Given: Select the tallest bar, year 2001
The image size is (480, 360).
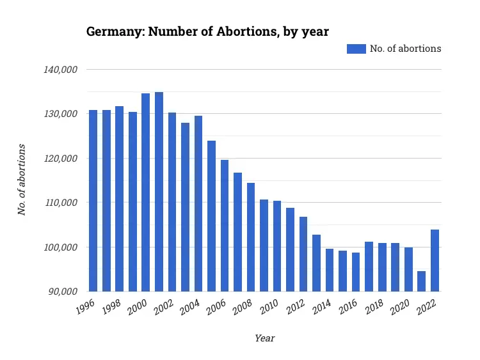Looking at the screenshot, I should coord(159,192).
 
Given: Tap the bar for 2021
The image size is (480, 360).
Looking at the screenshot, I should coord(421,281).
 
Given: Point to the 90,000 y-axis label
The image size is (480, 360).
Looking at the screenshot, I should coord(65,292).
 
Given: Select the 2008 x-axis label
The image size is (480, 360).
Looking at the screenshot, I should coord(243,309).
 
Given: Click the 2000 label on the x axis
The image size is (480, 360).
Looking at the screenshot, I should coord(138,309).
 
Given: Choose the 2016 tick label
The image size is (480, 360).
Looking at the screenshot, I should coord(348,309).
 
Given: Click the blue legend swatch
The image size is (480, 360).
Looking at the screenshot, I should coord(356,49).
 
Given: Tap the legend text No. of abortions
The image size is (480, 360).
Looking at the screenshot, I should coord(405,49).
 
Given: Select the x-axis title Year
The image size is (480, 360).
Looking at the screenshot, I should coord(264,338).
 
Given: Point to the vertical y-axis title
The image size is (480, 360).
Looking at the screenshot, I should coord(22,180).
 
